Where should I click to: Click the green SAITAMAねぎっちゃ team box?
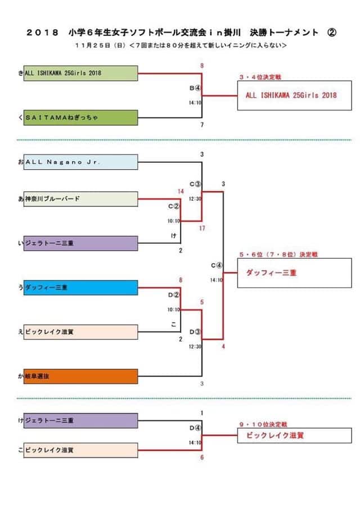pos(81,117)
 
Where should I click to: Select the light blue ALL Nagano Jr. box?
pos(81,162)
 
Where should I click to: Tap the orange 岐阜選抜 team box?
pos(81,376)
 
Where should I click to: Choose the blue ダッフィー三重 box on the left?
pos(81,287)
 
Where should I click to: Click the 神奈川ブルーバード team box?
pos(81,199)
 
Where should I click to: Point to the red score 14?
pos(181,192)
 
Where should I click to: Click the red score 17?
pos(202,228)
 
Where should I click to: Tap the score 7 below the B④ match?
pos(202,124)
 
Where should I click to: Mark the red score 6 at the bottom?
pos(202,457)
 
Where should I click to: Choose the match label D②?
pos(173,294)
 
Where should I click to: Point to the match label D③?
pos(195,332)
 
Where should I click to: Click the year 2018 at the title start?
pos(42,33)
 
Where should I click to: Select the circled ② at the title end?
pos(331,33)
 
